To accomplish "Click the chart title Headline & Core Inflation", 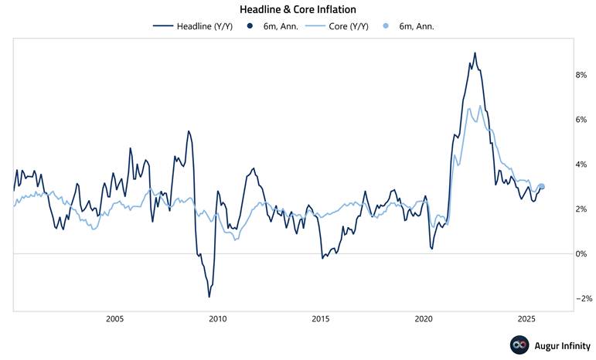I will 298,9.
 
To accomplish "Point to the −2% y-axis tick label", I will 582,299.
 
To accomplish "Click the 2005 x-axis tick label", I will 114,319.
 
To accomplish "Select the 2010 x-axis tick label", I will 218,319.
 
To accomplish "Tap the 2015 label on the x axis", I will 321,319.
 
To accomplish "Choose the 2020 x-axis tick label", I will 424,319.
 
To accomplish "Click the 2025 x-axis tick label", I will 526,319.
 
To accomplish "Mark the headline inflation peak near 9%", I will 475,53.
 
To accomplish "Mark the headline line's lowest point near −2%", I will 209,297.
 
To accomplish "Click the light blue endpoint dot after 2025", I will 541,186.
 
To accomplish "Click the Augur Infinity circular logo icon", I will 518,345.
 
